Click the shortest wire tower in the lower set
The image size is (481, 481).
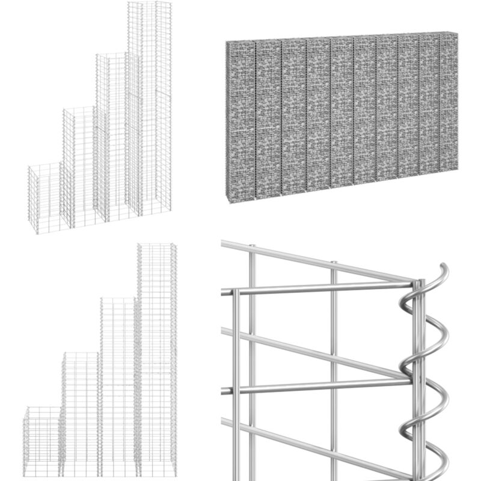42,442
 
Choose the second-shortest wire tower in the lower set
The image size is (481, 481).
81,415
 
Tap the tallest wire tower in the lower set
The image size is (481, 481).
156,361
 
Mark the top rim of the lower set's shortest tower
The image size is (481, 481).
42,409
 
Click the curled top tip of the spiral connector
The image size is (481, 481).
444,268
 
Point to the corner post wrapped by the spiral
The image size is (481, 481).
419,373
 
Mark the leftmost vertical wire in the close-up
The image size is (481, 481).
236,385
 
